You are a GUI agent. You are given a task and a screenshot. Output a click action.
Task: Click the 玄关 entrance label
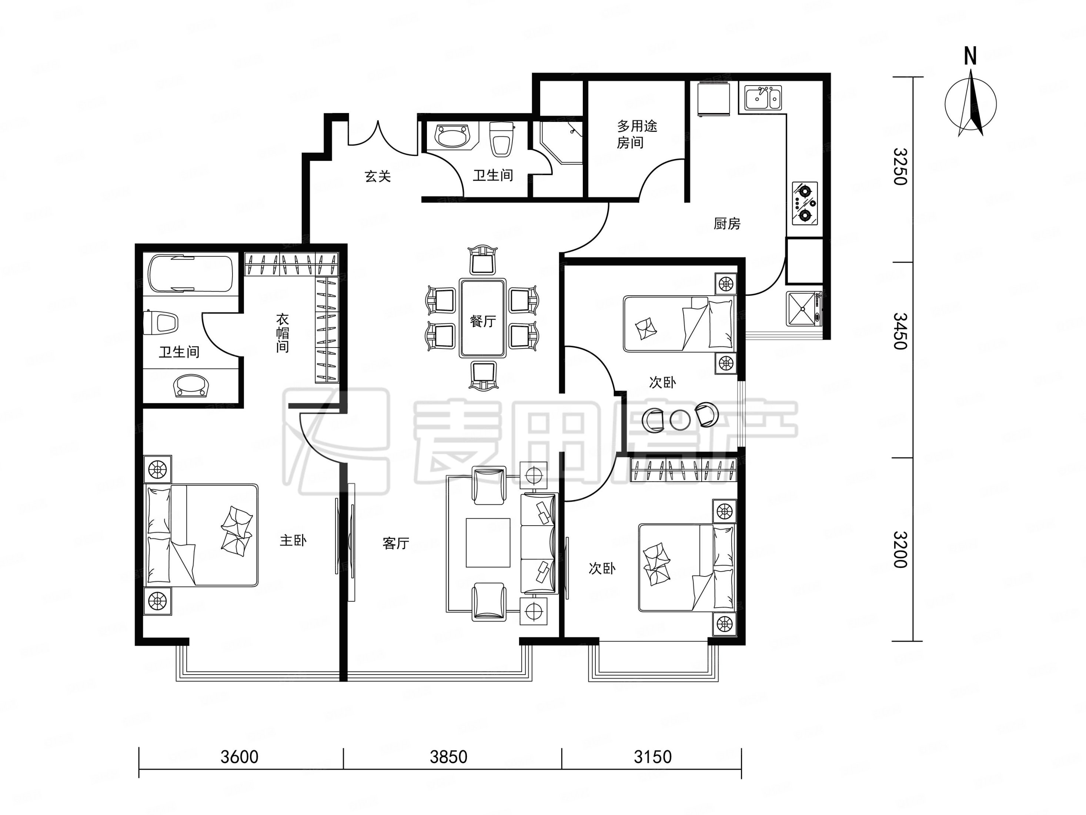click(378, 176)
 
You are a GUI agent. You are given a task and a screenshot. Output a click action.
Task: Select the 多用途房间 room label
click(637, 134)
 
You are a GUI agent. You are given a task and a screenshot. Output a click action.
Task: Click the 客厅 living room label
click(396, 543)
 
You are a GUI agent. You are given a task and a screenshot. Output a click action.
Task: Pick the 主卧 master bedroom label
click(293, 540)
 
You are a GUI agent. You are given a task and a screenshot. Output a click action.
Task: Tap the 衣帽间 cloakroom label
click(282, 333)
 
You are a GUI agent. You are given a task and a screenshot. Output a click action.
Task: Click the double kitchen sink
click(763, 97)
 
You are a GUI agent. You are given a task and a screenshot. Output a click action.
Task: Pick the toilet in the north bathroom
click(501, 139)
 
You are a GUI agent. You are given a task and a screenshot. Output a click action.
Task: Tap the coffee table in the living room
click(488, 542)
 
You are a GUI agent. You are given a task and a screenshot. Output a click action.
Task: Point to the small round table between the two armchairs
click(680, 419)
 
